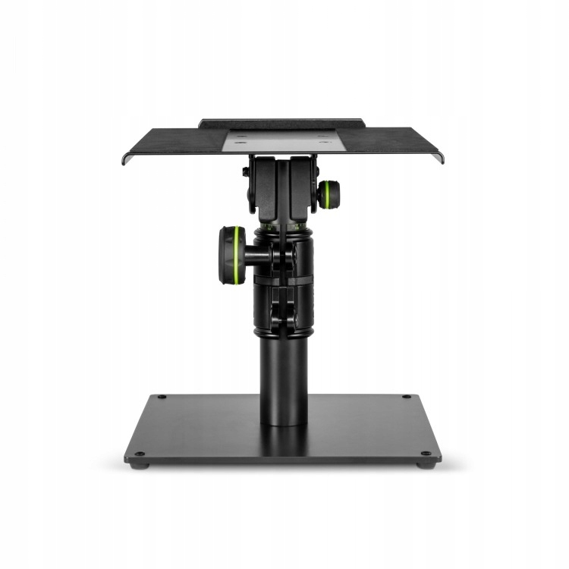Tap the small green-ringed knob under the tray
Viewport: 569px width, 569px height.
click(328, 194)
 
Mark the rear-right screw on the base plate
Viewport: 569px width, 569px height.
click(407, 397)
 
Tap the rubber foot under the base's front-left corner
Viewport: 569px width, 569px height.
click(137, 464)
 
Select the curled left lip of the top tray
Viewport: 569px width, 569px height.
click(125, 158)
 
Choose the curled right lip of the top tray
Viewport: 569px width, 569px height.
click(440, 157)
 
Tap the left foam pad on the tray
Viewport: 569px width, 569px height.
click(174, 140)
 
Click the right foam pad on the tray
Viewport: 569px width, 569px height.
click(395, 140)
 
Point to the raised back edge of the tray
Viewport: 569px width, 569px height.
click(282, 122)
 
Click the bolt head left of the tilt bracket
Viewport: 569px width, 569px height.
click(246, 172)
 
